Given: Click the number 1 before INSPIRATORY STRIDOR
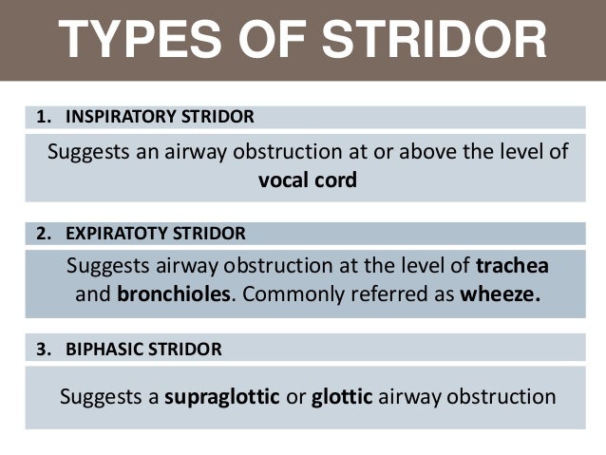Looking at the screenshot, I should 41,118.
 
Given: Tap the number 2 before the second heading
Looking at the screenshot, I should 41,234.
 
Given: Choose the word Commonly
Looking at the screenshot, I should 287,294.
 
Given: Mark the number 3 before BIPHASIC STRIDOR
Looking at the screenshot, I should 41,350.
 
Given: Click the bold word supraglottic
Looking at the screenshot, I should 222,395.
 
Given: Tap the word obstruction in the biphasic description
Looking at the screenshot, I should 500,395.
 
